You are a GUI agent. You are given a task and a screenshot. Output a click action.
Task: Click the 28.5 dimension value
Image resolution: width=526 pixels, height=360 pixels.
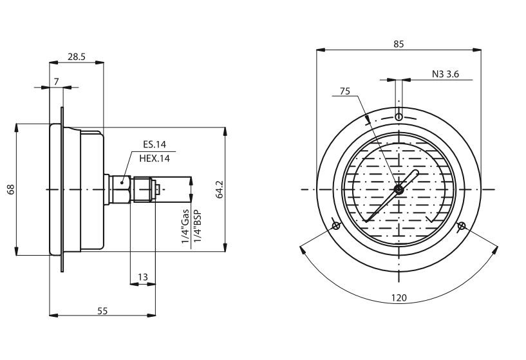pos(77,57)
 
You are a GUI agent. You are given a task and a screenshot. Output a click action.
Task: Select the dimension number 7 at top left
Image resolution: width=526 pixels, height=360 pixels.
pos(57,81)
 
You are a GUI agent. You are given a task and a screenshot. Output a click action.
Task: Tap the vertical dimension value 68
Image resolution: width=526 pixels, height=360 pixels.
pos(10,189)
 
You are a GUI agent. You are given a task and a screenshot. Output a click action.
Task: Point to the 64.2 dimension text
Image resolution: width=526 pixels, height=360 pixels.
pos(219,190)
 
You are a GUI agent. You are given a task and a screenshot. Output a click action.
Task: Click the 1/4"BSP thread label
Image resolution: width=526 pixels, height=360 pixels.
pos(196,227)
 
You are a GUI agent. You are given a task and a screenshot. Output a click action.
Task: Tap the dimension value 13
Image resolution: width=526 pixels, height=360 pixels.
pos(143,277)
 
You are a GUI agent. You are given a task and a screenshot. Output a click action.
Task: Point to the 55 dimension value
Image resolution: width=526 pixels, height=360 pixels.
pos(102,310)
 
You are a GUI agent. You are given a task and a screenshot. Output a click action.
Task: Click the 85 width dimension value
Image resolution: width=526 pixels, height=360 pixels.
pos(399,44)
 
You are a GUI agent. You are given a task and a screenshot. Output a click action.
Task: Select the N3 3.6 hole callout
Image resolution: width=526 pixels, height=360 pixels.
pos(445,75)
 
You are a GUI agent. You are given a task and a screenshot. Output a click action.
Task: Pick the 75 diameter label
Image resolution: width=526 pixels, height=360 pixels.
pos(345,91)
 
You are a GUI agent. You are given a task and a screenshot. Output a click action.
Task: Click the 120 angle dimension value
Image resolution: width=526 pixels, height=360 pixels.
pos(399,299)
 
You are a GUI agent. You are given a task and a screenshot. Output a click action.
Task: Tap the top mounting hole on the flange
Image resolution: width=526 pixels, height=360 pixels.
pos(399,117)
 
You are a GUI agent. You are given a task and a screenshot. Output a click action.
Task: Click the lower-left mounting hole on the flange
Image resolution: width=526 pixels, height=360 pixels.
pos(336,225)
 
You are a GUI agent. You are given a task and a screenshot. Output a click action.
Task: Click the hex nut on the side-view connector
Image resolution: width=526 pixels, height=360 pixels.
pos(122,189)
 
